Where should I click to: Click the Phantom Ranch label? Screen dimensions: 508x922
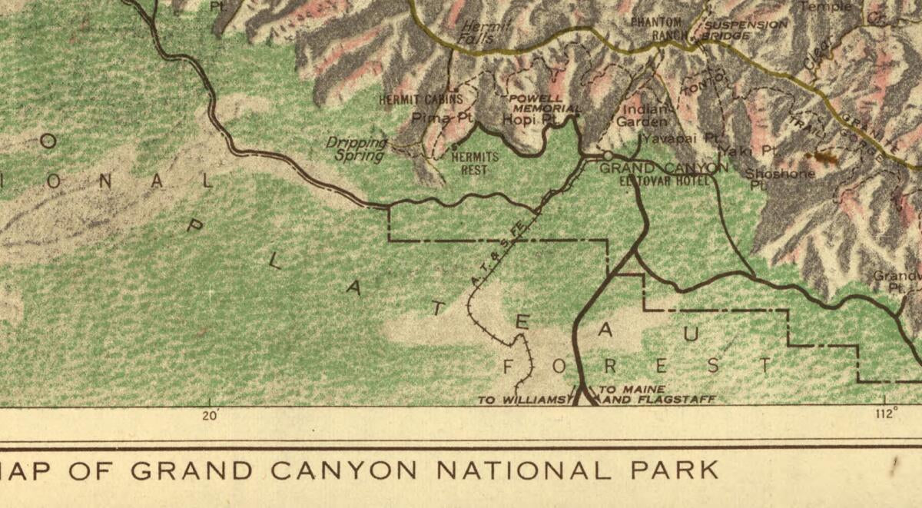656,28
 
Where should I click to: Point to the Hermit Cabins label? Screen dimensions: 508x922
421,99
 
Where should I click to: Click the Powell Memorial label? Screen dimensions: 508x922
542,104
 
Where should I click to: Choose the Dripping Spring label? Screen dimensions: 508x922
356,149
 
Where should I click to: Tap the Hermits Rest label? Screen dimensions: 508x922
474,163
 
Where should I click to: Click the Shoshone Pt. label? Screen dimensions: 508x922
779,178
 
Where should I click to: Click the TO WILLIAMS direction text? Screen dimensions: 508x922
522,400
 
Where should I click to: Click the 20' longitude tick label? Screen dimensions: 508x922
210,415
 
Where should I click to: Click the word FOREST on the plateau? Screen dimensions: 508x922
637,365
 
